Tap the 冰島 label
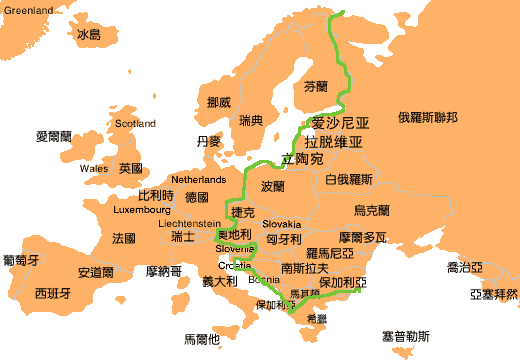pos(89,34)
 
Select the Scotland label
pos(136,124)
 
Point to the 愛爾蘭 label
pos(55,136)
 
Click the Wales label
pos(94,169)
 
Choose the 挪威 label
pos(218,102)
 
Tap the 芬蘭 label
pos(315,87)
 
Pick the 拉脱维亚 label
pos(333,142)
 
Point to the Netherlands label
pos(199,179)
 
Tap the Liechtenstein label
pos(190,224)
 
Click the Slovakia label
pos(282,224)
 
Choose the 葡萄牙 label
pos(21,260)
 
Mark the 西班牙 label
pos(52,294)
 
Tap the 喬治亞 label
pos(465,268)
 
